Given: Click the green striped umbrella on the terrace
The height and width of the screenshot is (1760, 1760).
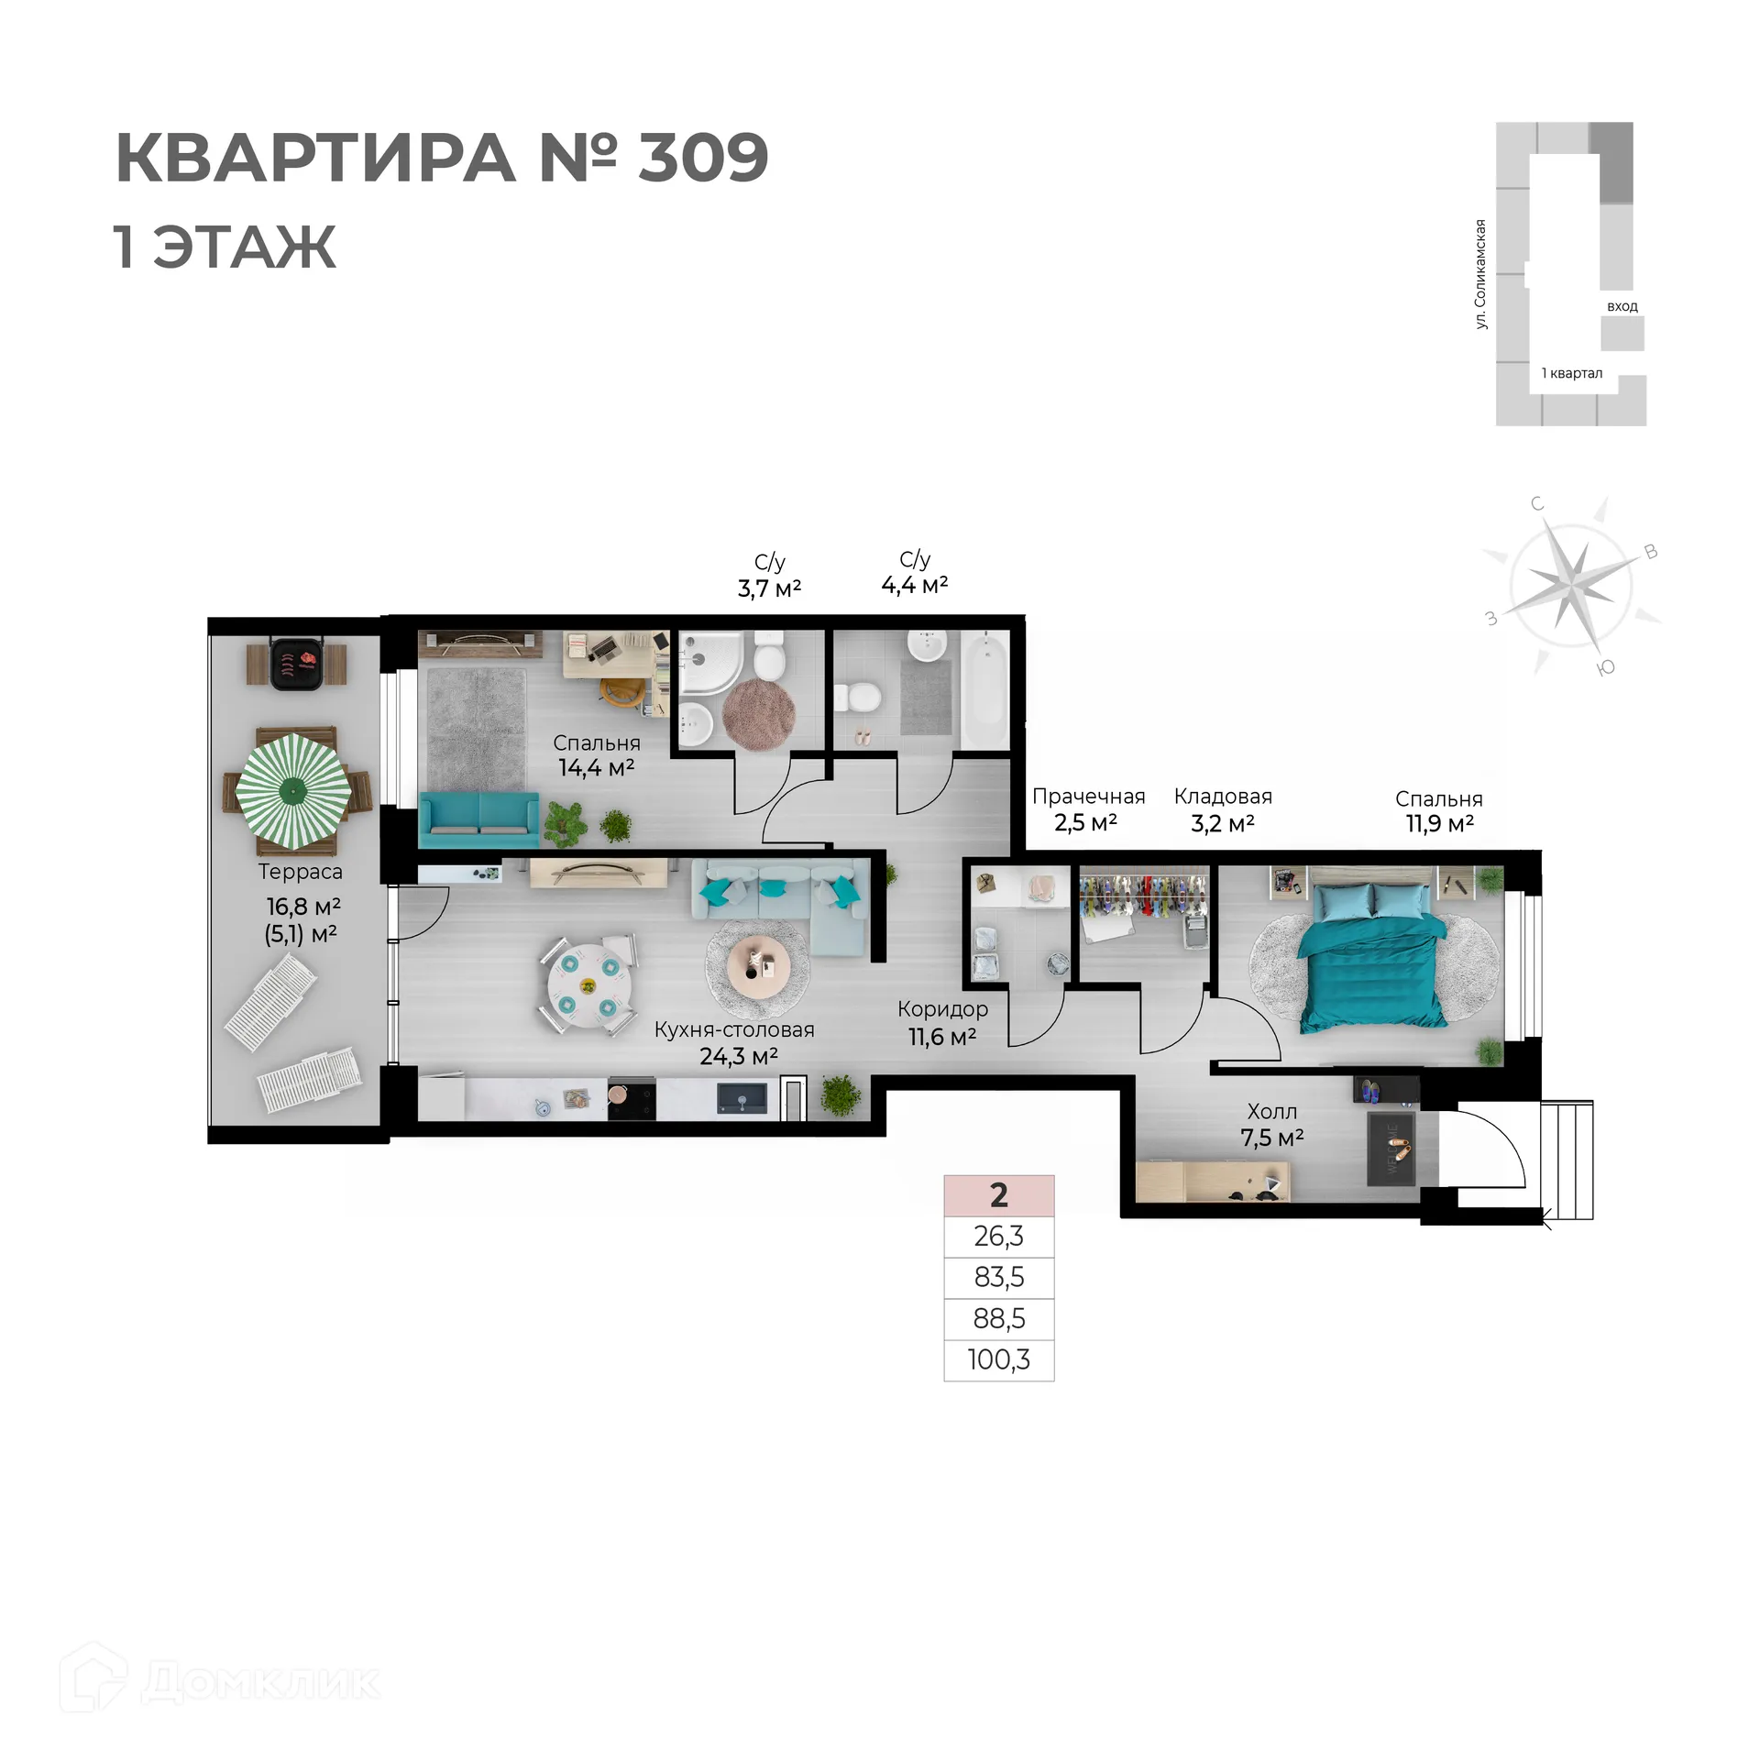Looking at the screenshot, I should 293,789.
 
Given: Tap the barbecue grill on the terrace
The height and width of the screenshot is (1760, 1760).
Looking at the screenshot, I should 296,662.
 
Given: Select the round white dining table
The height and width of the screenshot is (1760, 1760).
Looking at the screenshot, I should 588,985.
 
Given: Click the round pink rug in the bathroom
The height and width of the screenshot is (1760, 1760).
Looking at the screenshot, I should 758,714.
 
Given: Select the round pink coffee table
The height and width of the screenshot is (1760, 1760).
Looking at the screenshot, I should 757,965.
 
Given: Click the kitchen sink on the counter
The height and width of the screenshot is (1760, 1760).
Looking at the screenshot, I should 742,1098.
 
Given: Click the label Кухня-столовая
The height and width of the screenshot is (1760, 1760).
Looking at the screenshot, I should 733,1029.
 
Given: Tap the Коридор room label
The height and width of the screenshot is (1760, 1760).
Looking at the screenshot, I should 942,1009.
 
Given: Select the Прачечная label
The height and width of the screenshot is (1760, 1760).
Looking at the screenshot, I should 1088,797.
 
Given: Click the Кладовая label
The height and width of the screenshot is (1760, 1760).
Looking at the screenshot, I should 1223,797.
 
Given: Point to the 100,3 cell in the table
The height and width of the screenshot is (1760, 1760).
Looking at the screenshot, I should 998,1359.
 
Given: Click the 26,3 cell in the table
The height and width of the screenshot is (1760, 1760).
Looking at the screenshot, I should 998,1237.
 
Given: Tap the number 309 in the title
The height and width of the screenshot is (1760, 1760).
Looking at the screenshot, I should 703,158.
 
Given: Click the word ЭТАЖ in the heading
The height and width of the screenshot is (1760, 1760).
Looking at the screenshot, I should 244,247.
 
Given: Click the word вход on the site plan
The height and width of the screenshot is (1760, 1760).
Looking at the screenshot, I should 1622,306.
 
